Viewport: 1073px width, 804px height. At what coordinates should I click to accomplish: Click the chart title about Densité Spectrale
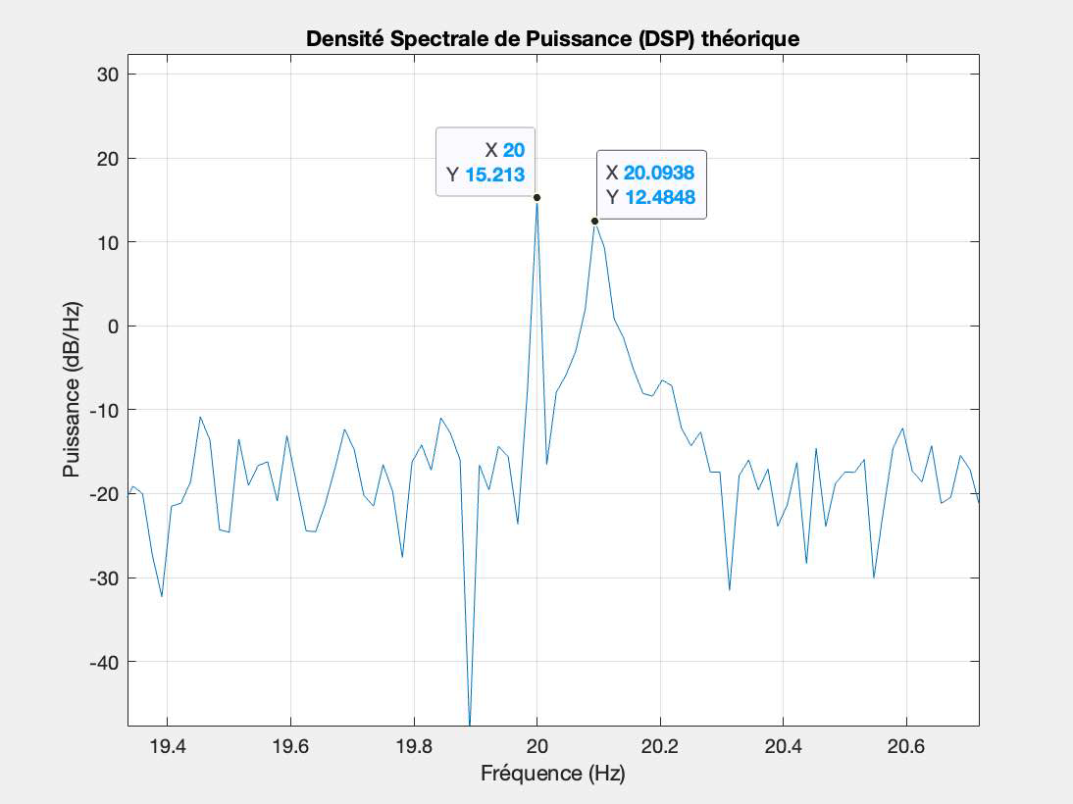(x=553, y=39)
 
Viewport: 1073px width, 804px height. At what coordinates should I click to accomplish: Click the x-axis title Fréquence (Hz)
(x=552, y=774)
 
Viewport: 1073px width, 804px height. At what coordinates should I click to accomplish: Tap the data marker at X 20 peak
(x=536, y=197)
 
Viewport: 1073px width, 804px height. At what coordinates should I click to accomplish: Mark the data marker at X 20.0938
(x=594, y=221)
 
